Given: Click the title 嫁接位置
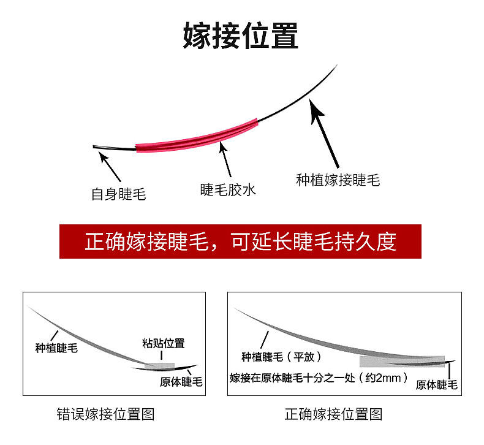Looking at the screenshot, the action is click(241, 36).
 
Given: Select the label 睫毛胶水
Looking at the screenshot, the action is click(227, 190).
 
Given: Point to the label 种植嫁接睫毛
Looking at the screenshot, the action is click(338, 180).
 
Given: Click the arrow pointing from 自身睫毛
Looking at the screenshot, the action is click(110, 165).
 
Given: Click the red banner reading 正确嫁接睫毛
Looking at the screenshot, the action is click(241, 241).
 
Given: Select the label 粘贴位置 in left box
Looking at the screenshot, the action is click(163, 343).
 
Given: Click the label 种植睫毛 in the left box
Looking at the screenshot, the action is click(58, 348).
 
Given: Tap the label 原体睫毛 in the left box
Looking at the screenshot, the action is click(181, 382).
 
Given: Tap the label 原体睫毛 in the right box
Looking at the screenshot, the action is click(437, 385).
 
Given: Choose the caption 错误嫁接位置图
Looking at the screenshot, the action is click(105, 414).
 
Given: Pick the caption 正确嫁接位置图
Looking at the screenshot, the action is click(333, 414).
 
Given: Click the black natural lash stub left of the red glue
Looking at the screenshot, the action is click(113, 147).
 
